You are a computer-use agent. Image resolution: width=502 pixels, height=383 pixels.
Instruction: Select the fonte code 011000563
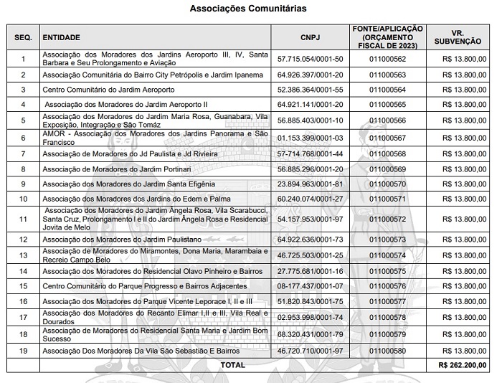tap(388, 75)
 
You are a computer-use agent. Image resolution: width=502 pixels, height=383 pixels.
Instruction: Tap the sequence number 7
tap(24, 154)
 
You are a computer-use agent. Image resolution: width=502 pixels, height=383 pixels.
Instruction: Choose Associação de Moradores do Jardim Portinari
tap(116, 169)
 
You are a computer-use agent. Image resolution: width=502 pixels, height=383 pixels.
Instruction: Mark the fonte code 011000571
tap(388, 198)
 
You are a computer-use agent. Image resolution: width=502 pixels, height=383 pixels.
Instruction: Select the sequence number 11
tap(24, 218)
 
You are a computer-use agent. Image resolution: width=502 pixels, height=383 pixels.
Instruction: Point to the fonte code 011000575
tap(388, 271)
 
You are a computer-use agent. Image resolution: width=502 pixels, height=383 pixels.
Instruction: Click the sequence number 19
tap(24, 350)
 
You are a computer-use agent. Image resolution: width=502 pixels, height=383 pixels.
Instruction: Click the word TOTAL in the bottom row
tap(232, 364)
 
